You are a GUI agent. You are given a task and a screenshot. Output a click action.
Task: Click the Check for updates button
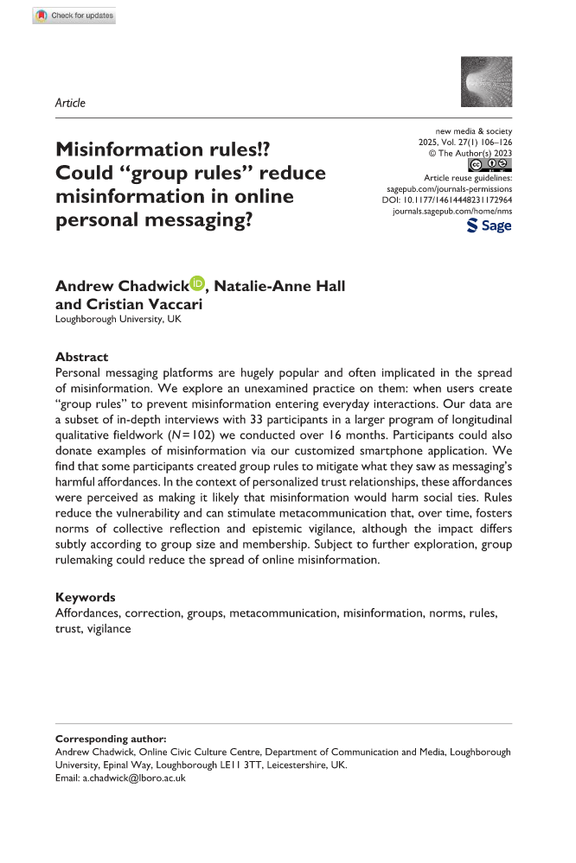(x=74, y=16)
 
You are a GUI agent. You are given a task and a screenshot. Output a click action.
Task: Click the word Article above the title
(x=70, y=103)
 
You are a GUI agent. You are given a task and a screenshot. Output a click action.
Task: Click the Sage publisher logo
(x=489, y=225)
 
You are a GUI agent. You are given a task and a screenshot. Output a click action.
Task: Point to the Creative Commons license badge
(x=489, y=164)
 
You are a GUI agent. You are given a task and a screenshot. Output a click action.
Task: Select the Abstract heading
(x=83, y=356)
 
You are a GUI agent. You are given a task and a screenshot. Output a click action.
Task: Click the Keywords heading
(x=86, y=597)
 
